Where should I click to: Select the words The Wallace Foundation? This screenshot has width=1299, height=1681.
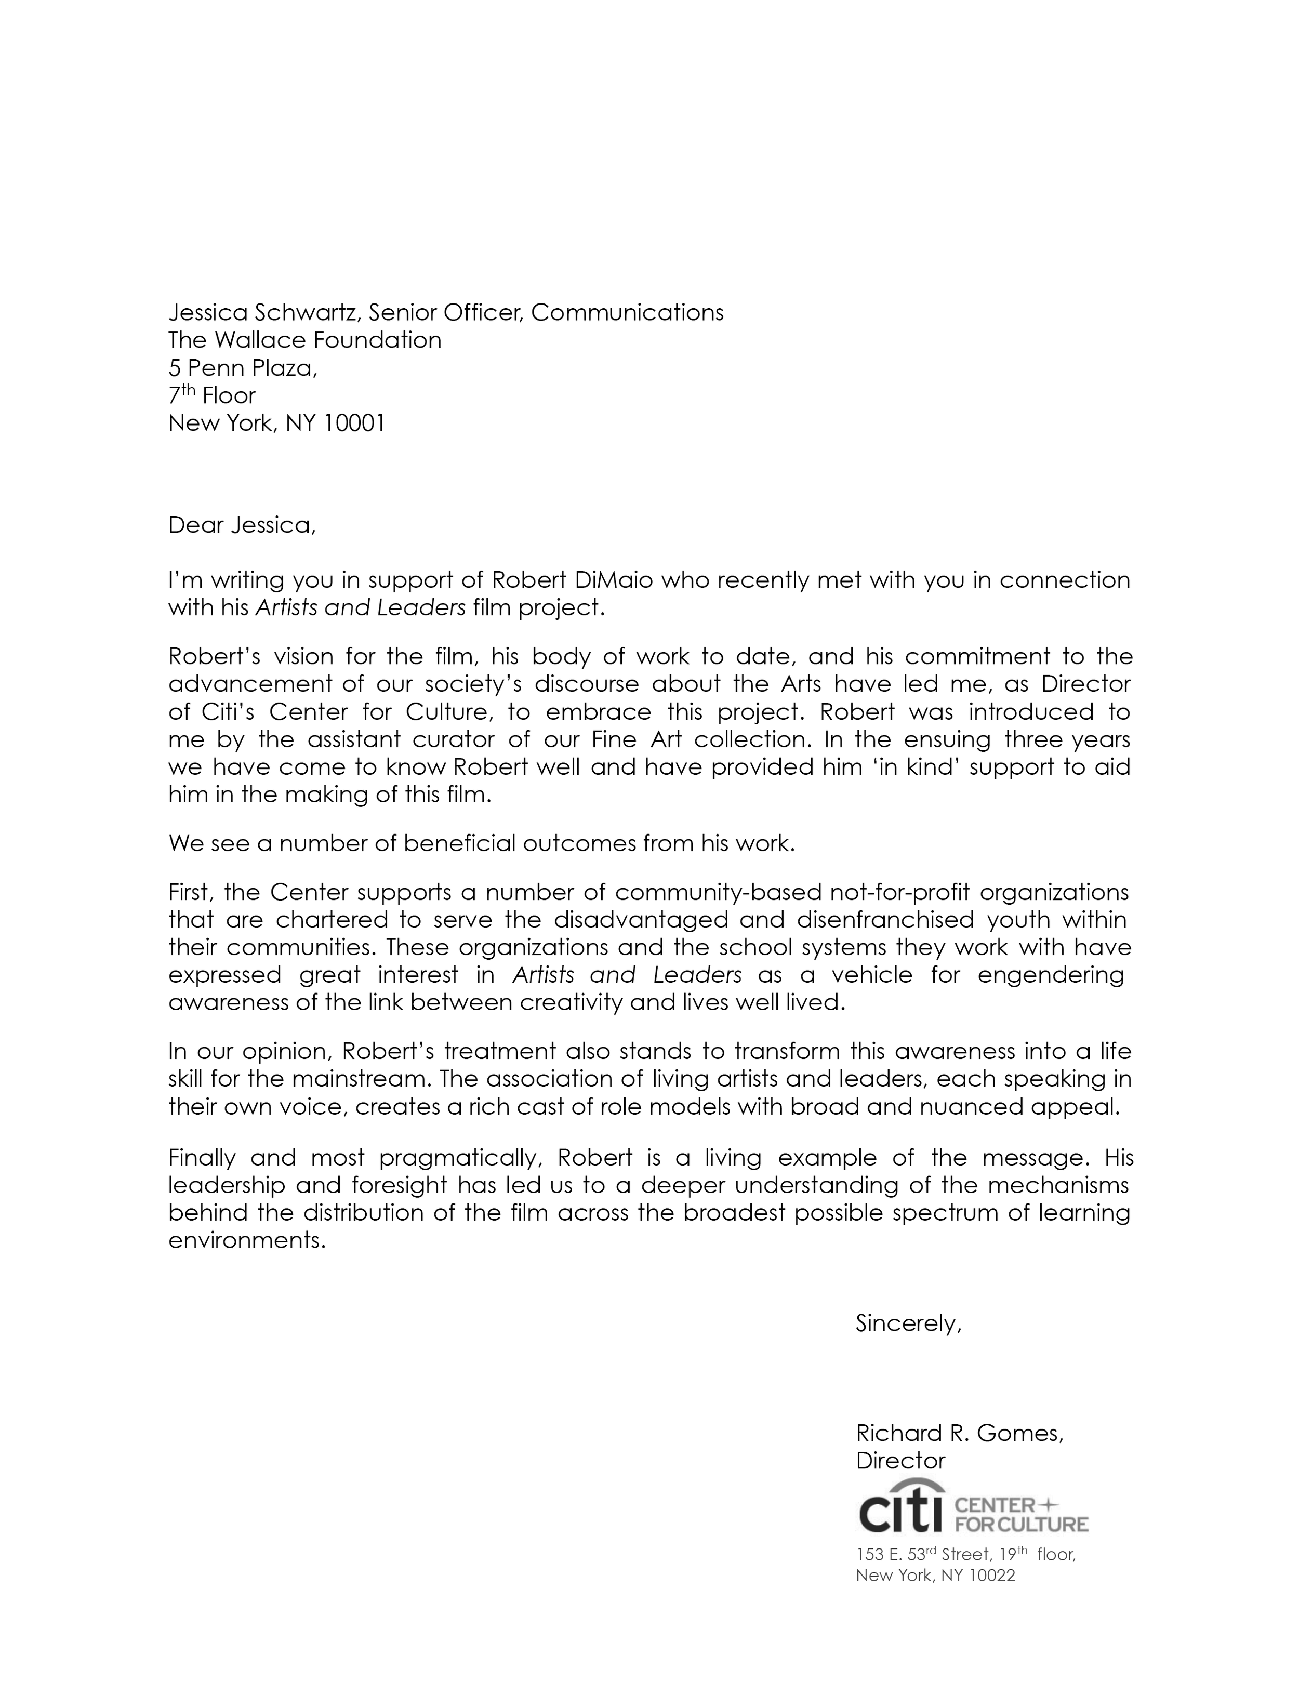tap(304, 340)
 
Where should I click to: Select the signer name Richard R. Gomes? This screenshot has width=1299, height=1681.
tap(959, 1433)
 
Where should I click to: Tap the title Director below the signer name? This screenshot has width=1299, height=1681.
tap(900, 1461)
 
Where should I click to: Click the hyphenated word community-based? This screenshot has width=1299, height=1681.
tap(718, 892)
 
